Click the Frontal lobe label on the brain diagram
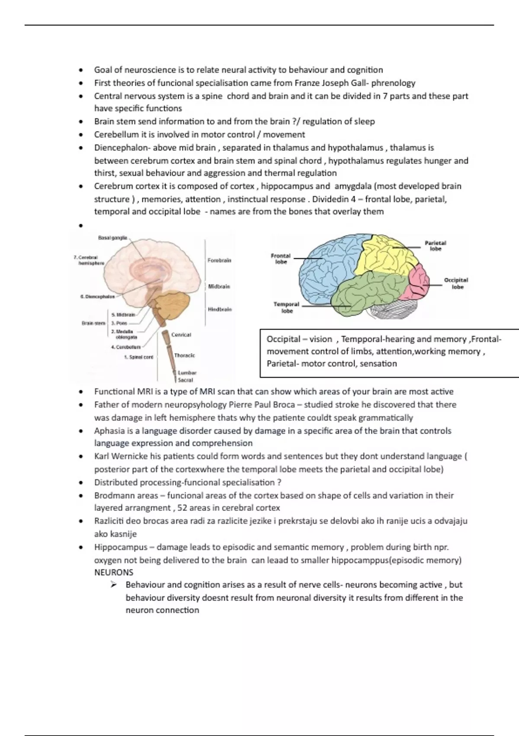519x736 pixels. [x=281, y=259]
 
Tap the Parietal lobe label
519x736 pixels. [x=435, y=246]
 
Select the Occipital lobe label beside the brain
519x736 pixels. [x=456, y=284]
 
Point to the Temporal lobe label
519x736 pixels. [x=286, y=307]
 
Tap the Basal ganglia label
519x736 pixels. [x=112, y=238]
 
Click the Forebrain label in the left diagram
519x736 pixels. [x=219, y=261]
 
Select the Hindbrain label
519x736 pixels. [x=220, y=310]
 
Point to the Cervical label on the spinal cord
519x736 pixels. [x=181, y=335]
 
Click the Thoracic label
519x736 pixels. [x=184, y=355]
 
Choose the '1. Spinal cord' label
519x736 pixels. [x=138, y=357]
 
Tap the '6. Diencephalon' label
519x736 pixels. [x=97, y=297]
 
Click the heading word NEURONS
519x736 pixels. [x=114, y=572]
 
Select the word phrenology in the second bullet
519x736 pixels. [x=393, y=83]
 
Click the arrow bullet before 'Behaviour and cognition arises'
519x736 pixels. [x=114, y=585]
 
